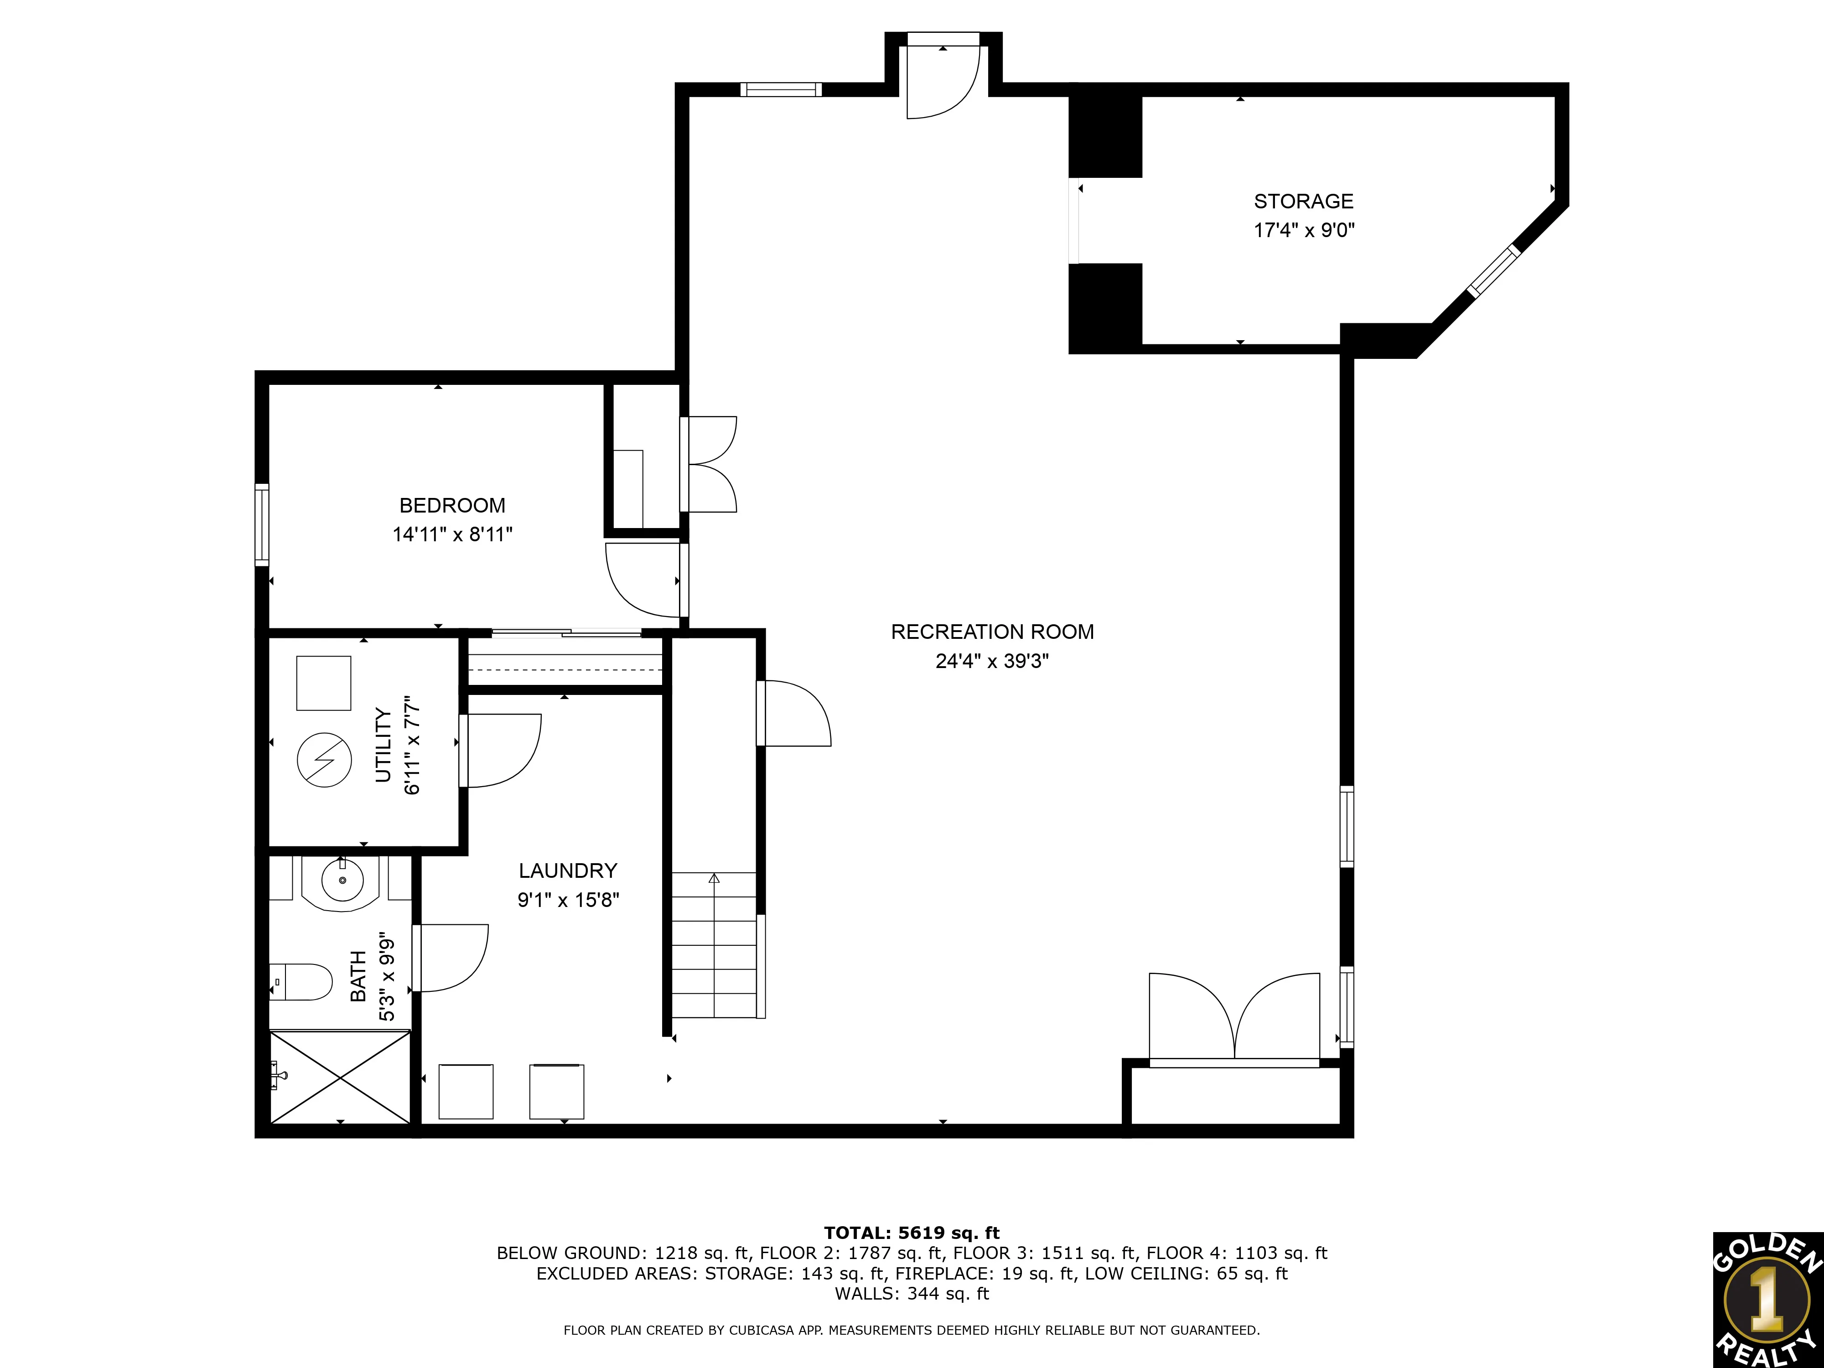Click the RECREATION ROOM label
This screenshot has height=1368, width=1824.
coord(992,632)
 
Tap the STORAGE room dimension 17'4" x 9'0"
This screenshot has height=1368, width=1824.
coord(1304,230)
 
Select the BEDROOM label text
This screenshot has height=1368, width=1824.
coord(452,505)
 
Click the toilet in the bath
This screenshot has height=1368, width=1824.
coord(301,981)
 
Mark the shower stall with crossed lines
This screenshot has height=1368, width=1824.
coord(340,1077)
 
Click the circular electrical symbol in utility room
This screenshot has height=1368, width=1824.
coord(324,759)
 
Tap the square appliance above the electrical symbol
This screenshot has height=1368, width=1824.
coord(324,683)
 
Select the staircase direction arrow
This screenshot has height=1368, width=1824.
coord(714,879)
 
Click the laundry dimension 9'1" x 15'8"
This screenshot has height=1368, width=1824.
coord(568,900)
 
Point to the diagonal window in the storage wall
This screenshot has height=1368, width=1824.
coord(1493,270)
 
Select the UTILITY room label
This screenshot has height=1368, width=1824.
coord(383,745)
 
